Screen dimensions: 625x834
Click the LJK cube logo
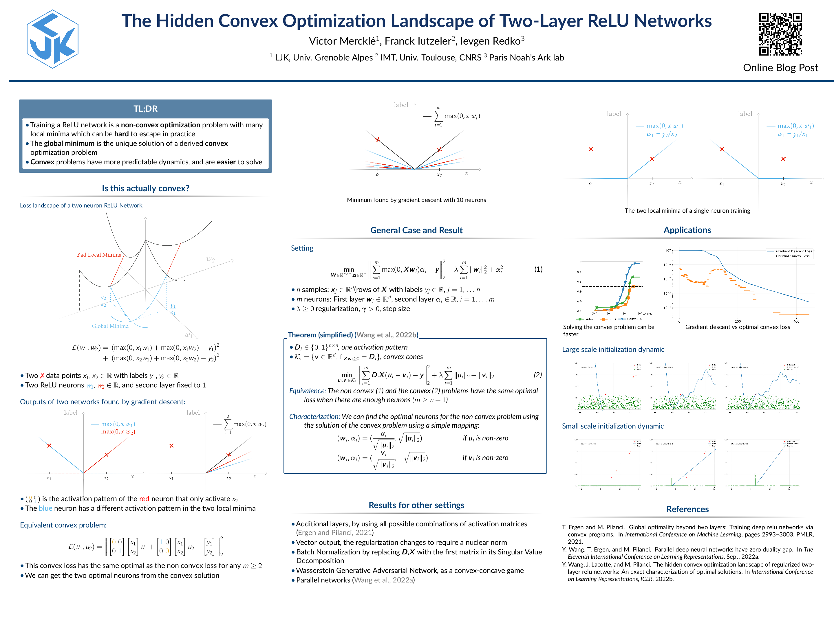[x=52, y=39]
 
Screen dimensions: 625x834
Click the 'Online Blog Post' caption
[x=780, y=68]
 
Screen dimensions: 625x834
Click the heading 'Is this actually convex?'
[x=146, y=188]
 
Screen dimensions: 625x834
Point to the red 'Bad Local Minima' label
[x=99, y=255]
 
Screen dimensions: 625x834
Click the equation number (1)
[x=538, y=269]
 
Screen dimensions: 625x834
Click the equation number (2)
[x=538, y=375]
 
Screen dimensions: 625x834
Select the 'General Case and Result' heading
[x=416, y=230]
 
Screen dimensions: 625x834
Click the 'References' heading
[x=687, y=509]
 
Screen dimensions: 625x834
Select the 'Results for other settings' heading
[x=416, y=505]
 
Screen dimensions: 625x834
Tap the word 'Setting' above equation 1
[x=302, y=248]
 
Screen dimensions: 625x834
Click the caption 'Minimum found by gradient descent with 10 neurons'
[x=416, y=200]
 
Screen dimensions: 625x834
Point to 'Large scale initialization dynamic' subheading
[x=613, y=350]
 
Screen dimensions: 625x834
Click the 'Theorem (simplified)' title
[x=320, y=335]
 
